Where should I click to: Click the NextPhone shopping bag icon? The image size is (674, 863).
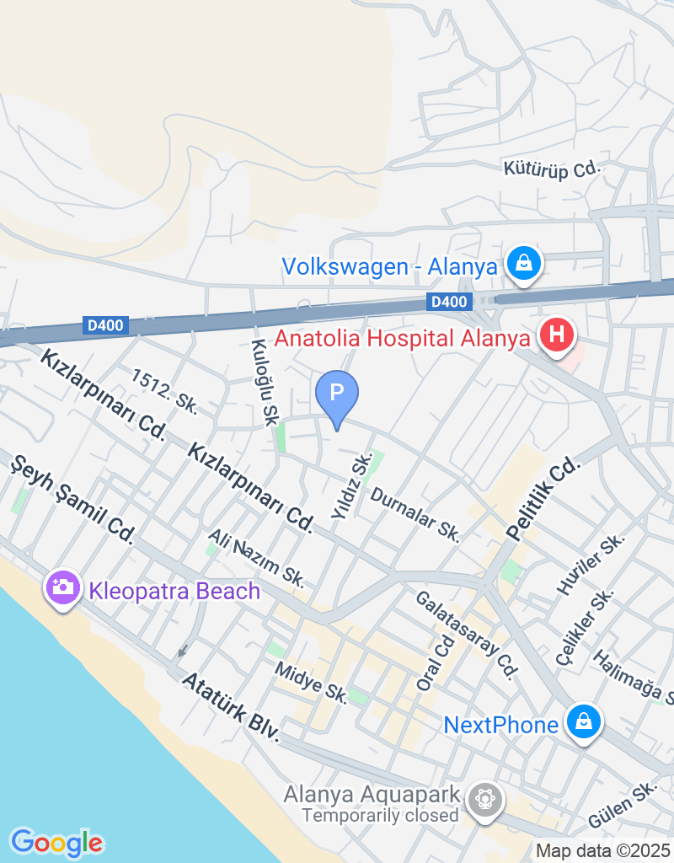[x=582, y=723]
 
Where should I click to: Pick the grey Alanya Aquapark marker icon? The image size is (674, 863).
[x=484, y=798]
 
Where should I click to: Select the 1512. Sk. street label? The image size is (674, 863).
[x=164, y=390]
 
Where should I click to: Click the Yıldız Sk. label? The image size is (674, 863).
[x=352, y=486]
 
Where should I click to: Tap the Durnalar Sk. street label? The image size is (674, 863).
[x=415, y=514]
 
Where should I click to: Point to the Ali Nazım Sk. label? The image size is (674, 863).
[x=256, y=559]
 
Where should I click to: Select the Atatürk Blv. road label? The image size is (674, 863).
[x=230, y=705]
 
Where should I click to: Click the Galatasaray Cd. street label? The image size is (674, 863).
[x=464, y=634]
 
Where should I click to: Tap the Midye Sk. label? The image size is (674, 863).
[x=312, y=682]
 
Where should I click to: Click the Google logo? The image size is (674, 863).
[x=56, y=841]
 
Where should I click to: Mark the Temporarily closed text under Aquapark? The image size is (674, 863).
[x=381, y=815]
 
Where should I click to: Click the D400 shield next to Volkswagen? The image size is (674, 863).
[x=447, y=302]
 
